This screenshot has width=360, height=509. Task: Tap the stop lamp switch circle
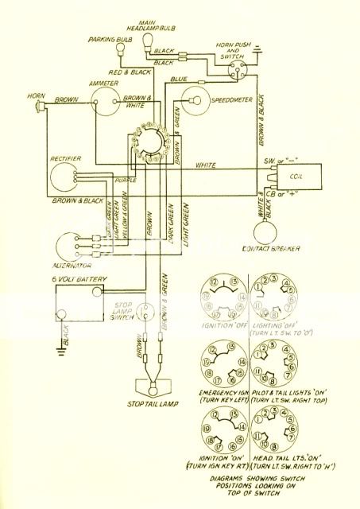tap(145, 313)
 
